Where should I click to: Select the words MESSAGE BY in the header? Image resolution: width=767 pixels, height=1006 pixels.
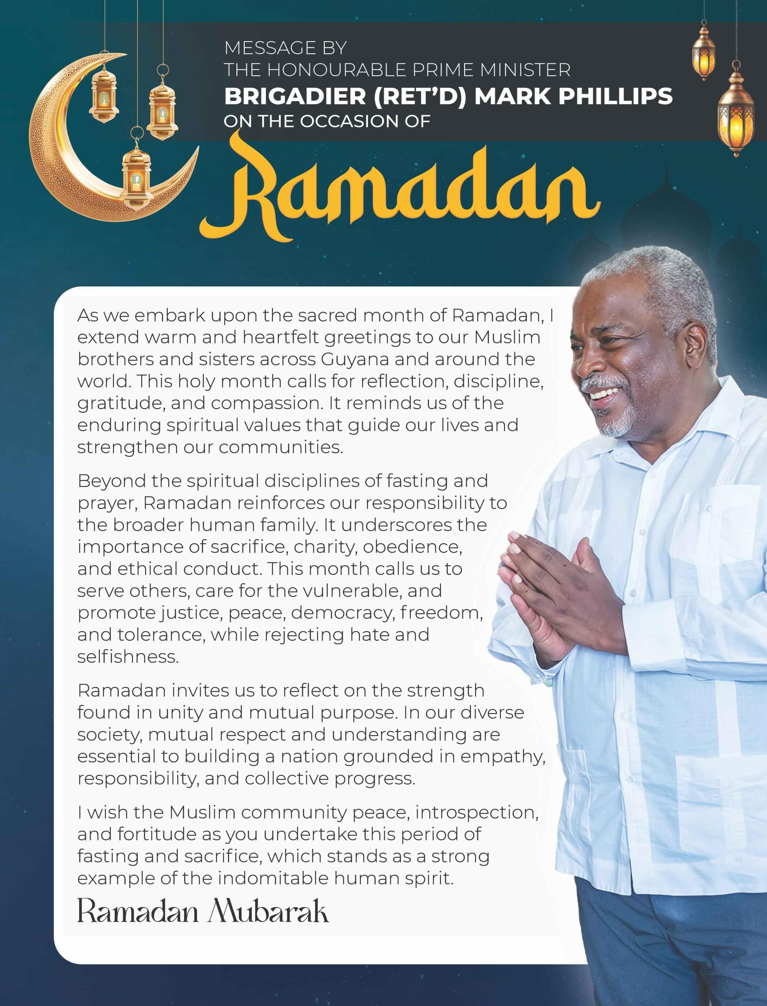pyautogui.click(x=285, y=48)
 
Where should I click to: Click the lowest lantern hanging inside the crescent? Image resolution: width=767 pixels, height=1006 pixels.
pyautogui.click(x=136, y=176)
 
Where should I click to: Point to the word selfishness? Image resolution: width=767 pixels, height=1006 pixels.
pyautogui.click(x=128, y=657)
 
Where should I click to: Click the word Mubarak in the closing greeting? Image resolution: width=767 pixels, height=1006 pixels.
pyautogui.click(x=269, y=912)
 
